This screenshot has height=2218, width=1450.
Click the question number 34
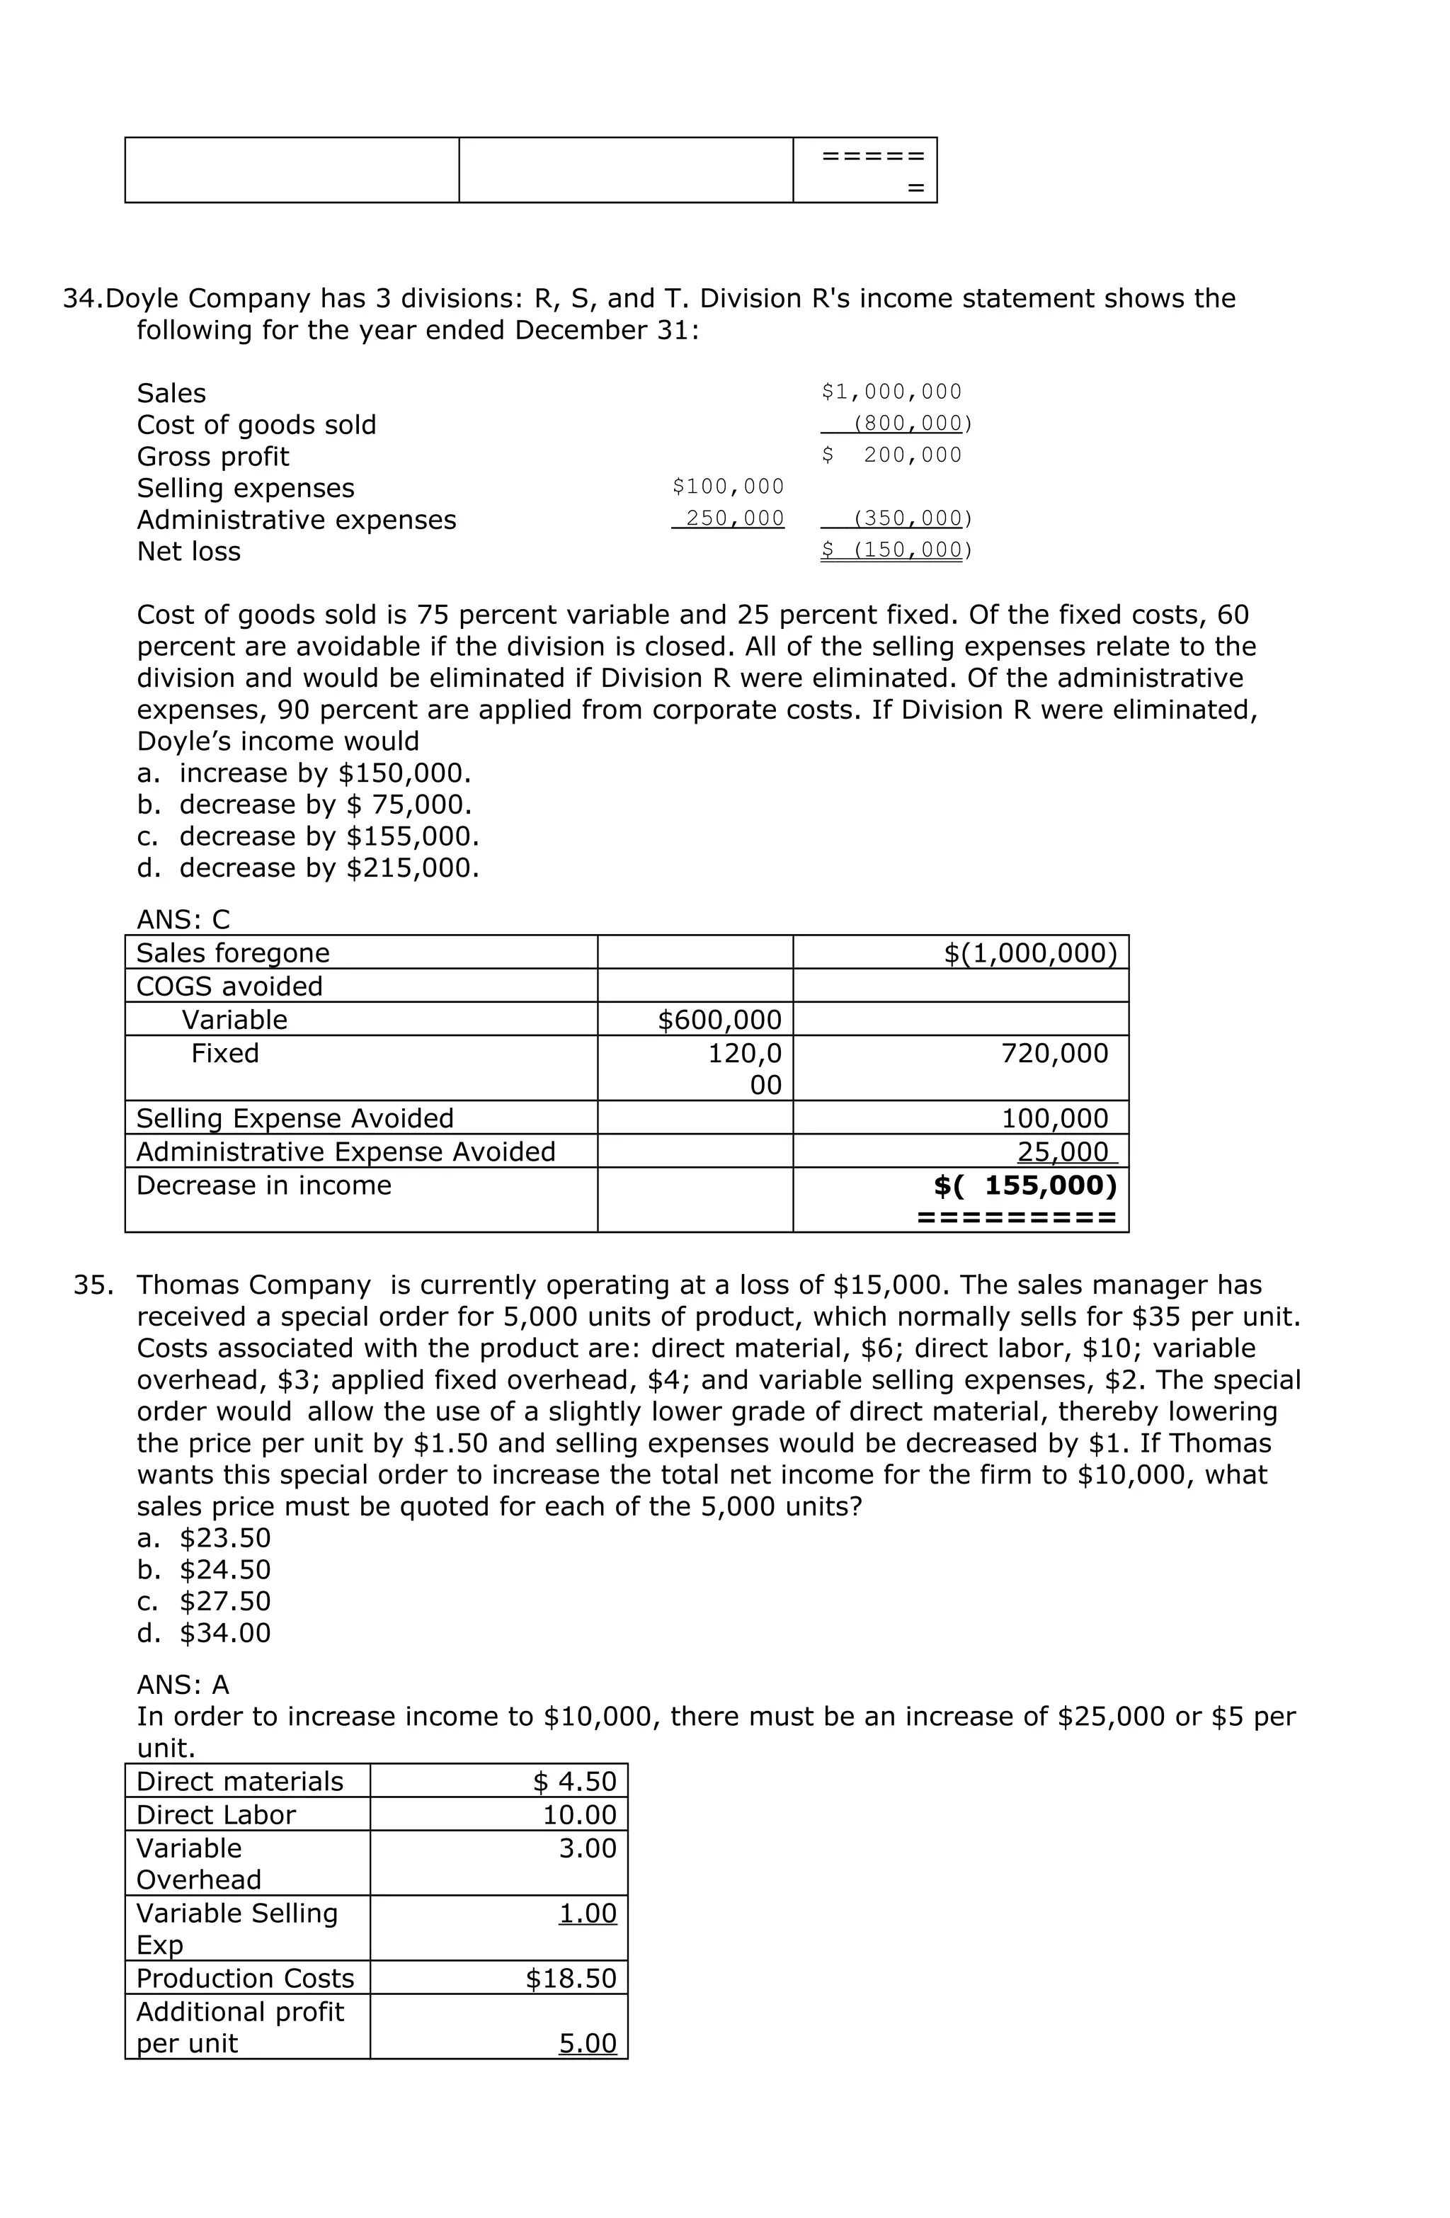tap(82, 299)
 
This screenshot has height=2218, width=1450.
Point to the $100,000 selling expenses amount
tap(727, 487)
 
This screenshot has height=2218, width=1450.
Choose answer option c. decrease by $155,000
tap(307, 836)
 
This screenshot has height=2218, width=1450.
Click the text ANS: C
tap(183, 919)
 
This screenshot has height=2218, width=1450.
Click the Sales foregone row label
tap(232, 952)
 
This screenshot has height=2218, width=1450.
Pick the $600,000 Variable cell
tap(719, 1020)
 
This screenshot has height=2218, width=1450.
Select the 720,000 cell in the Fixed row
tap(1054, 1053)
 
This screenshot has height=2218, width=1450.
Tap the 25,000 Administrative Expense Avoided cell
tap(1062, 1152)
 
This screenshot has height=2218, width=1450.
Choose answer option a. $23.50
tap(203, 1537)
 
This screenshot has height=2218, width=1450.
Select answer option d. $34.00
tap(203, 1633)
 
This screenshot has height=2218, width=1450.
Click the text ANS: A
tap(183, 1684)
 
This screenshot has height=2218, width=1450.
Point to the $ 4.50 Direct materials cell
tap(574, 1781)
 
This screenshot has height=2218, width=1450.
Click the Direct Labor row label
tap(215, 1814)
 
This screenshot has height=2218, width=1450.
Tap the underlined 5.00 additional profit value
tap(587, 2043)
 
